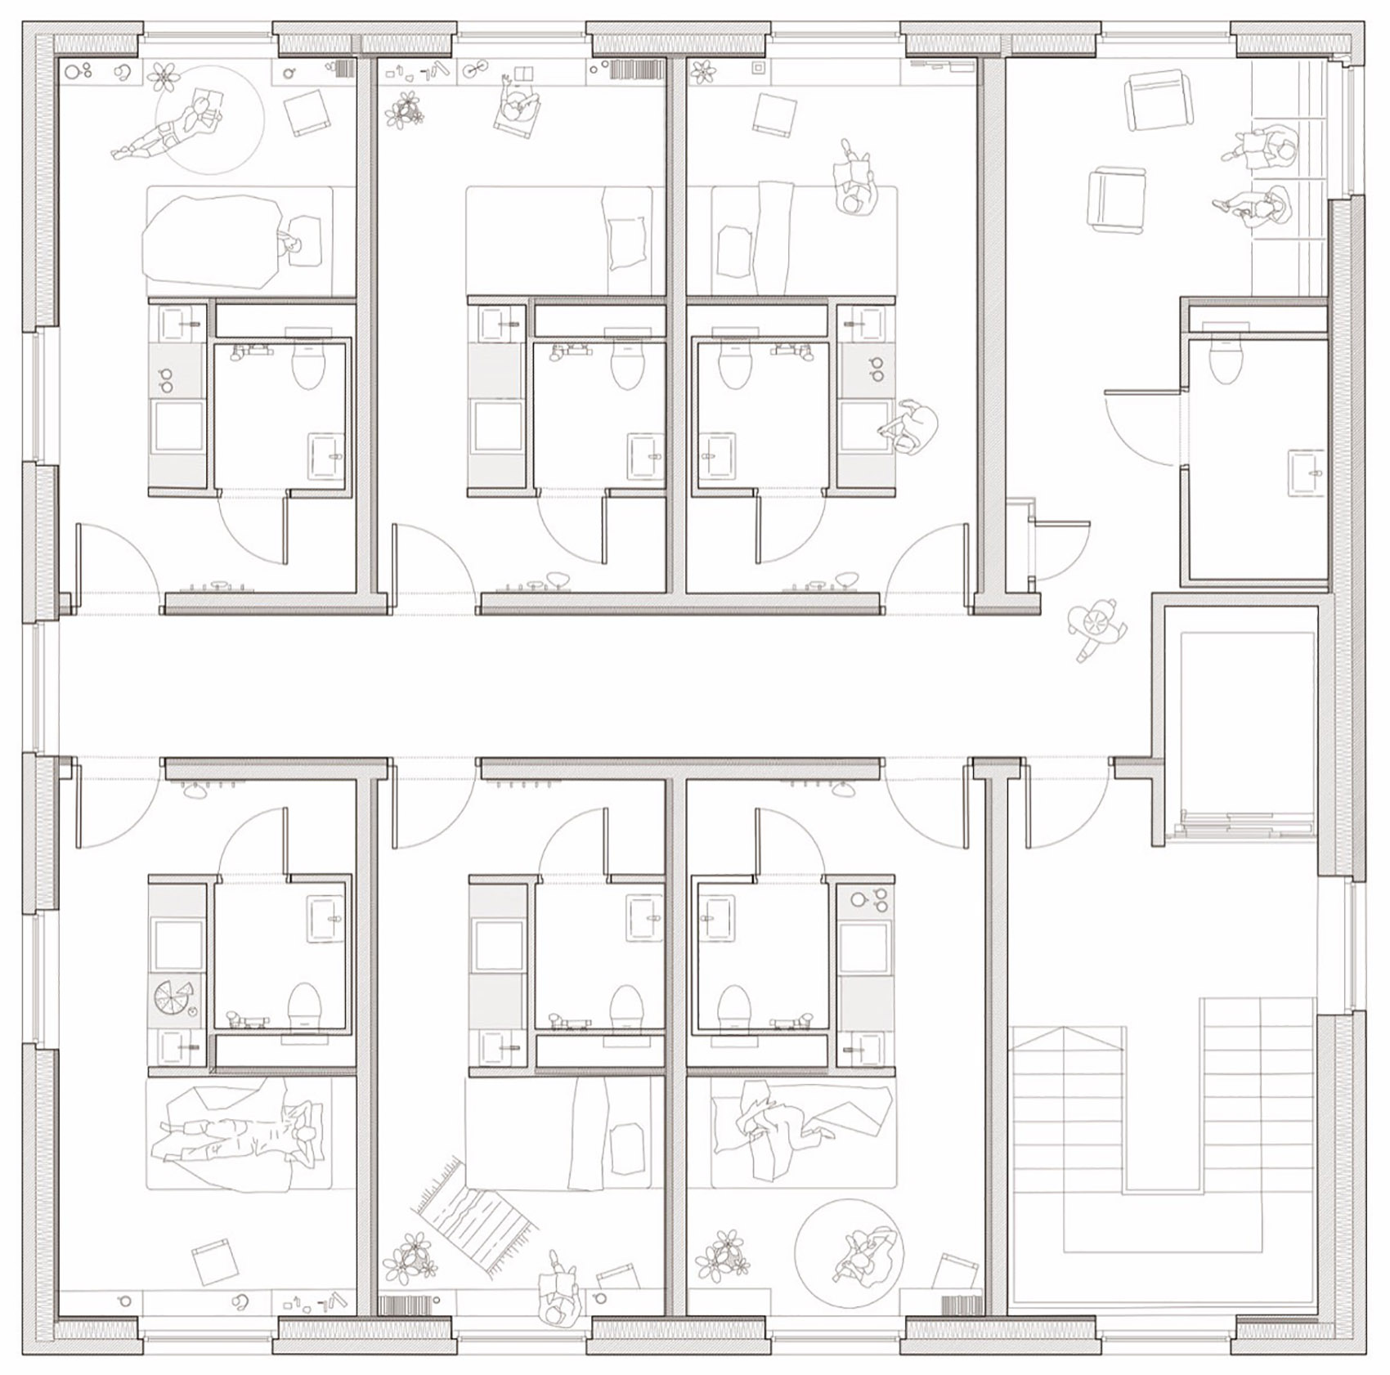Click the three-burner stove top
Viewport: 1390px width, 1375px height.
coord(868,901)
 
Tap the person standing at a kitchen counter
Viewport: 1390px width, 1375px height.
coord(909,426)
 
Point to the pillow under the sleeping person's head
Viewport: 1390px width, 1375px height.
coord(304,239)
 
